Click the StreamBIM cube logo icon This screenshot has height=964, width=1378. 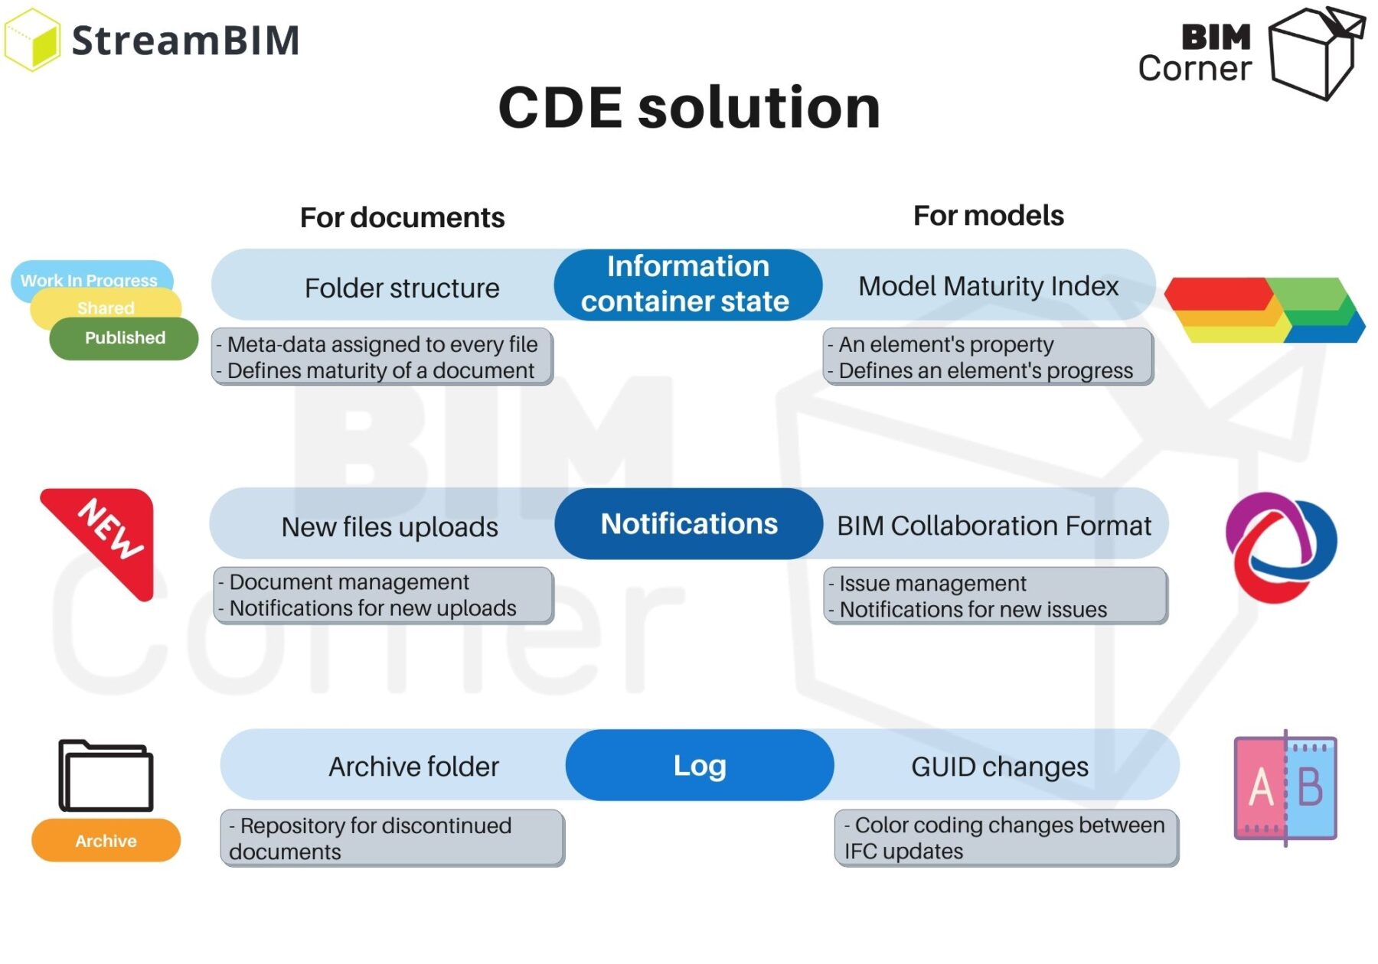click(x=32, y=40)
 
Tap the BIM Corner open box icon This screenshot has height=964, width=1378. click(x=1315, y=52)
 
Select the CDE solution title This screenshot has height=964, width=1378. click(x=689, y=107)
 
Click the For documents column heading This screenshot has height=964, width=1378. click(x=402, y=218)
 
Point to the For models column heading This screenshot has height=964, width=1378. click(x=988, y=216)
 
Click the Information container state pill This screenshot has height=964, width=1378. click(x=687, y=284)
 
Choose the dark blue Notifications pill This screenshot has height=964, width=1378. click(x=688, y=524)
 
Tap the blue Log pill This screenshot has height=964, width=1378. click(x=699, y=765)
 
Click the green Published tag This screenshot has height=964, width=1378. click(x=124, y=339)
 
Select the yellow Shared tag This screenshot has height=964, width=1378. click(x=106, y=308)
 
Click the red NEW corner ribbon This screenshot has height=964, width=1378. click(x=107, y=536)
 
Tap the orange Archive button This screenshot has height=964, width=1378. click(x=106, y=841)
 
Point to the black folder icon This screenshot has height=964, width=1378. click(x=106, y=776)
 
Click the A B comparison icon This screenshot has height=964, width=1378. click(x=1285, y=788)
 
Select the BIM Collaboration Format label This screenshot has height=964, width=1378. click(x=994, y=526)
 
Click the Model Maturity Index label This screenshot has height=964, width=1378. click(x=988, y=286)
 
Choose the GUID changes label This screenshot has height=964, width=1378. click(x=999, y=767)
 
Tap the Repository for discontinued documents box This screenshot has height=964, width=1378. click(x=392, y=839)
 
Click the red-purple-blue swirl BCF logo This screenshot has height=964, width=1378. click(x=1280, y=546)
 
